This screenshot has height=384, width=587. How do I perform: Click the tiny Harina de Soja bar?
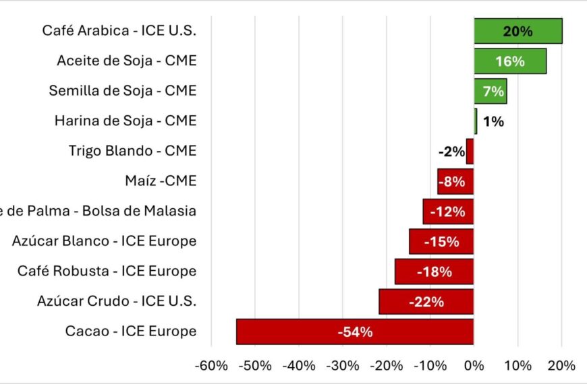475,121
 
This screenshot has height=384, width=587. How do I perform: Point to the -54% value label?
355,331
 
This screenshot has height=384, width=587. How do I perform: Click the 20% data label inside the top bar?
518,31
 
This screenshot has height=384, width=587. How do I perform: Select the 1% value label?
493,122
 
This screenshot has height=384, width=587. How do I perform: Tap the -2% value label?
451,152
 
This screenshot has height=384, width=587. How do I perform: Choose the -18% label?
434,271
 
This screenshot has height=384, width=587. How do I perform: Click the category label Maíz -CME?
161,181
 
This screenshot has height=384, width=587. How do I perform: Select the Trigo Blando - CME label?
132,151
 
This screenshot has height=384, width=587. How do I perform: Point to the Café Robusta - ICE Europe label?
107,271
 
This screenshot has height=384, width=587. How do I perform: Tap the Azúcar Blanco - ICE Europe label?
104,241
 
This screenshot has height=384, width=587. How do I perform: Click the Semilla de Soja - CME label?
122,90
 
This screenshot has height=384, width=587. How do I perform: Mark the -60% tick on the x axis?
211,366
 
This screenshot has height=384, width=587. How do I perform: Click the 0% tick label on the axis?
474,366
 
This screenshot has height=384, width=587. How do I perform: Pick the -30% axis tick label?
343,366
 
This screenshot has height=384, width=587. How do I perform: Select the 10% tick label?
518,366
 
